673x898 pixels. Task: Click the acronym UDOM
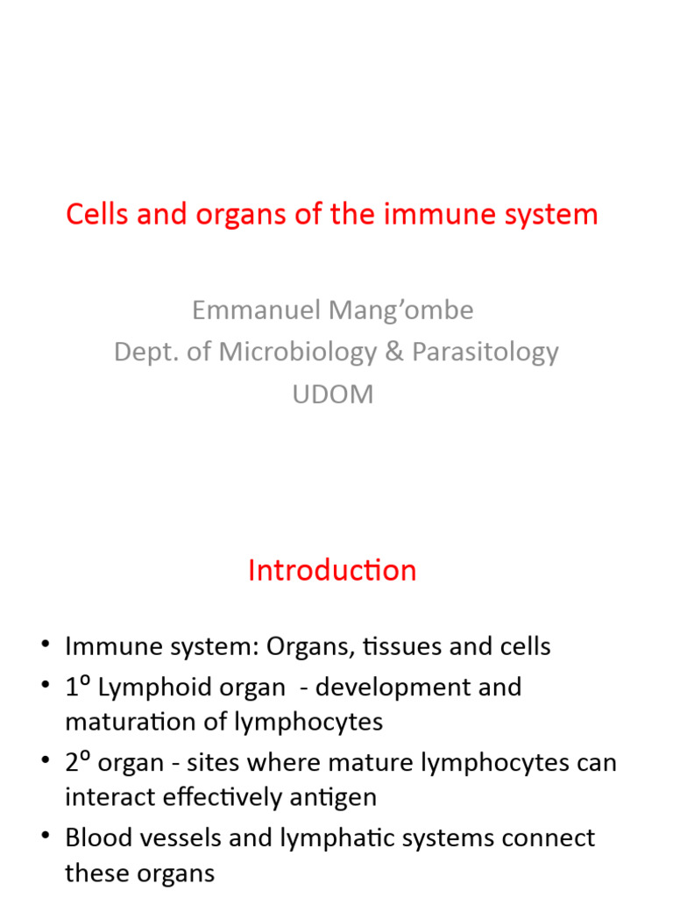click(332, 394)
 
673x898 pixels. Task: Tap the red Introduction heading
click(332, 570)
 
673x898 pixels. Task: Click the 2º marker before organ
click(77, 761)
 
